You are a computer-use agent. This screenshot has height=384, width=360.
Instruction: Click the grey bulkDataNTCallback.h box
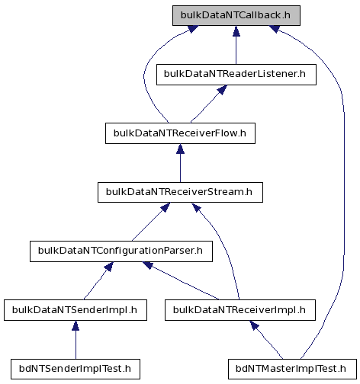pos(236,15)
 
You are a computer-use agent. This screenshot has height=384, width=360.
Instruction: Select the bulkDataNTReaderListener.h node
pos(236,75)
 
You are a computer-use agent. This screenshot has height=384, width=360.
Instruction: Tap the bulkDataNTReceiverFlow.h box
pos(180,133)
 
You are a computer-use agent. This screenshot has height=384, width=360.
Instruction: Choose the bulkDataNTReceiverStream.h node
pos(180,192)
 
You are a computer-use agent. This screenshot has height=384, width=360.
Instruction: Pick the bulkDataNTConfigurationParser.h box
pos(121,251)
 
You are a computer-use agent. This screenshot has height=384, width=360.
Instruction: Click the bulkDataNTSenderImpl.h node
pos(76,310)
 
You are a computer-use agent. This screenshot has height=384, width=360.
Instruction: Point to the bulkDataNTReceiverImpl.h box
pos(240,310)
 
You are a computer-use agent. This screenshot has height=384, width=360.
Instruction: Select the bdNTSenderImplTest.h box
pos(76,369)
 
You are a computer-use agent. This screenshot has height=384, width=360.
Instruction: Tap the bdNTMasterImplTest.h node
pos(292,369)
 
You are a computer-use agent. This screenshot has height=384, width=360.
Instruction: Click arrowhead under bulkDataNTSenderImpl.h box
pos(76,325)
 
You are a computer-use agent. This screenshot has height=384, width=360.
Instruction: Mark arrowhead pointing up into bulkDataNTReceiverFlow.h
pos(180,149)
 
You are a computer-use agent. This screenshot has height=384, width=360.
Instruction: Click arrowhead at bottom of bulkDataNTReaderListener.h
pos(222,90)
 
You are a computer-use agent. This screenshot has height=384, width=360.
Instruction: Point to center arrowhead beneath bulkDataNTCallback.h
pos(236,30)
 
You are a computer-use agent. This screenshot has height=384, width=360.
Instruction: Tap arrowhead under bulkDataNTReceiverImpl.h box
pos(254,325)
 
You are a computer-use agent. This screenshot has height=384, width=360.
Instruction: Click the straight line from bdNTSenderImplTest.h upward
pos(76,344)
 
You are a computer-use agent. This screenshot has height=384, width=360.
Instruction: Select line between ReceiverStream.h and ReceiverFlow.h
pos(180,168)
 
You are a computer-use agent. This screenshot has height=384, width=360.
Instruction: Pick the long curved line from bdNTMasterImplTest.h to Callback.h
pos(344,178)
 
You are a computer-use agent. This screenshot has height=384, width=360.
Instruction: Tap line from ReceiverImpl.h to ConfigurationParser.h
pos(185,283)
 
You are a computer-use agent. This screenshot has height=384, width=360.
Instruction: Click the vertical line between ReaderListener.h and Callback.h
pos(236,50)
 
